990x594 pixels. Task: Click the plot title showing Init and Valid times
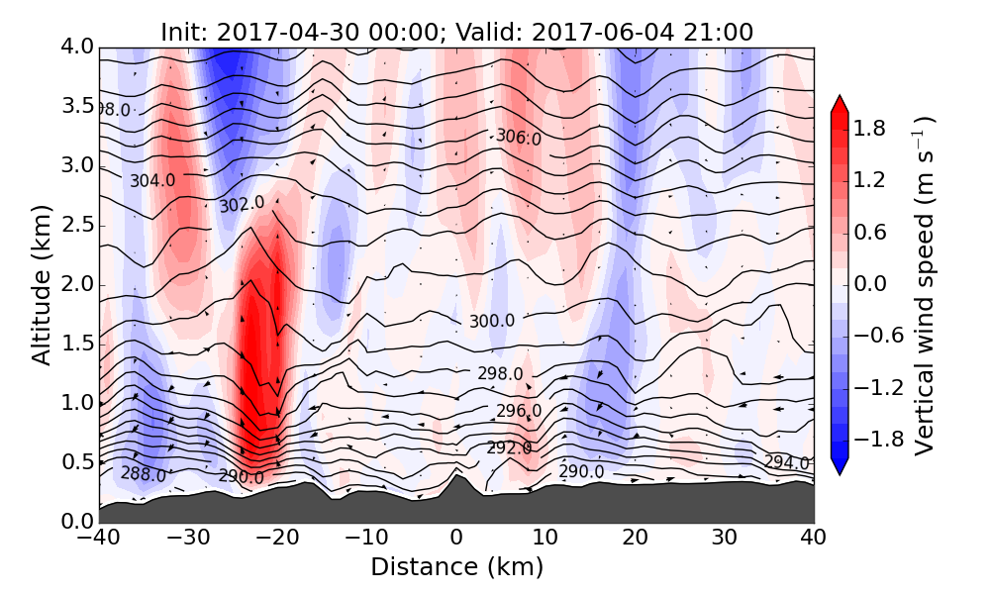pyautogui.click(x=456, y=32)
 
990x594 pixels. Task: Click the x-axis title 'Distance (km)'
pyautogui.click(x=456, y=567)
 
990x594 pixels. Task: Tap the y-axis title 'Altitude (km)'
pyautogui.click(x=41, y=285)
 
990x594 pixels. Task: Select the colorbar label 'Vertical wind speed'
pyautogui.click(x=923, y=285)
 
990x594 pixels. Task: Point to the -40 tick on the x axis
pyautogui.click(x=99, y=540)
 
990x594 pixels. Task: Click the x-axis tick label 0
pyautogui.click(x=456, y=540)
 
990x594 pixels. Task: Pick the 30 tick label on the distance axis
pyautogui.click(x=725, y=540)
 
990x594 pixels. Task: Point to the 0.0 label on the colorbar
pyautogui.click(x=870, y=284)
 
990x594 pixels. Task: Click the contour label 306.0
pyautogui.click(x=519, y=138)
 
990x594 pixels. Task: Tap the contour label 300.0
pyautogui.click(x=492, y=321)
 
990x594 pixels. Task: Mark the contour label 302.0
pyautogui.click(x=242, y=204)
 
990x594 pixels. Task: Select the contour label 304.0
pyautogui.click(x=152, y=181)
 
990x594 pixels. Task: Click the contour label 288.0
pyautogui.click(x=144, y=474)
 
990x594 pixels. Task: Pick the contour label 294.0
pyautogui.click(x=787, y=462)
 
